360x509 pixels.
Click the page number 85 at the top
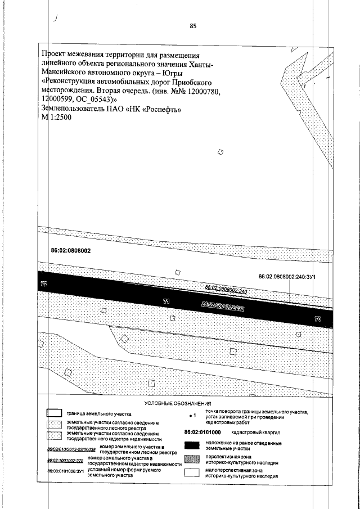193,25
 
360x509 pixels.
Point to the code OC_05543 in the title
82,100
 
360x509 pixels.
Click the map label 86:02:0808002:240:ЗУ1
289,277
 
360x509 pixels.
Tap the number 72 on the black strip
44,285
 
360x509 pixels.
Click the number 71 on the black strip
166,302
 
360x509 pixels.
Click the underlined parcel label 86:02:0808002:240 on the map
227,288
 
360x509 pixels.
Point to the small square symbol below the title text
220,152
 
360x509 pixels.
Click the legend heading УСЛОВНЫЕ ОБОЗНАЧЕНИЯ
178,404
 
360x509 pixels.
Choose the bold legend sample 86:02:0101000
202,432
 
